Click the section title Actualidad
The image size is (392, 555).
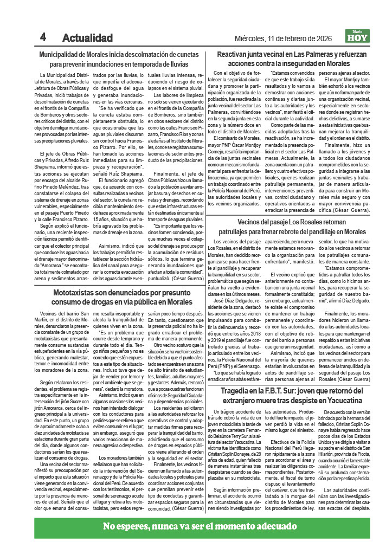87,38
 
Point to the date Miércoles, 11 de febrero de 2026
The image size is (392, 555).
287,38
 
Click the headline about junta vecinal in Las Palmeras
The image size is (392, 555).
292,59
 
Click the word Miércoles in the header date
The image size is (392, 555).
249,38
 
